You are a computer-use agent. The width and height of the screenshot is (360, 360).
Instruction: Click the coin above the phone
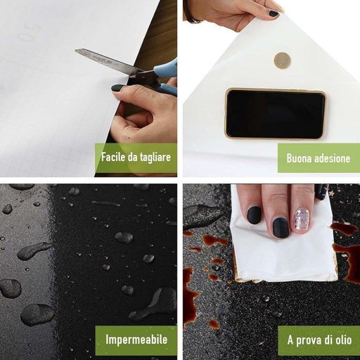(x=283, y=60)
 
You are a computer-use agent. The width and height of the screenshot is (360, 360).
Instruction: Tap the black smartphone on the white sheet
(x=276, y=114)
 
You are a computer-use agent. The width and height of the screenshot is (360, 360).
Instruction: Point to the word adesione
(x=333, y=158)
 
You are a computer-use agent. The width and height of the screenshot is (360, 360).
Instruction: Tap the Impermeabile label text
(x=136, y=340)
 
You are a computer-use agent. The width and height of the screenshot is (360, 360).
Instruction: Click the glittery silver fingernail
(x=302, y=220)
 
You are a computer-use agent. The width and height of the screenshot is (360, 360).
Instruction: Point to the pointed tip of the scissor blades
(x=75, y=50)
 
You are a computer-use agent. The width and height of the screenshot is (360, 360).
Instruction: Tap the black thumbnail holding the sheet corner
(x=274, y=13)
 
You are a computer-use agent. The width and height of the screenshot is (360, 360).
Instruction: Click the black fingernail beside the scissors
(x=117, y=88)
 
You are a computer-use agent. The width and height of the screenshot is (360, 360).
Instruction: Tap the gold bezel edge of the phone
(x=276, y=89)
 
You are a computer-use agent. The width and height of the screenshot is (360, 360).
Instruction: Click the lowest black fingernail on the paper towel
(x=281, y=228)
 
